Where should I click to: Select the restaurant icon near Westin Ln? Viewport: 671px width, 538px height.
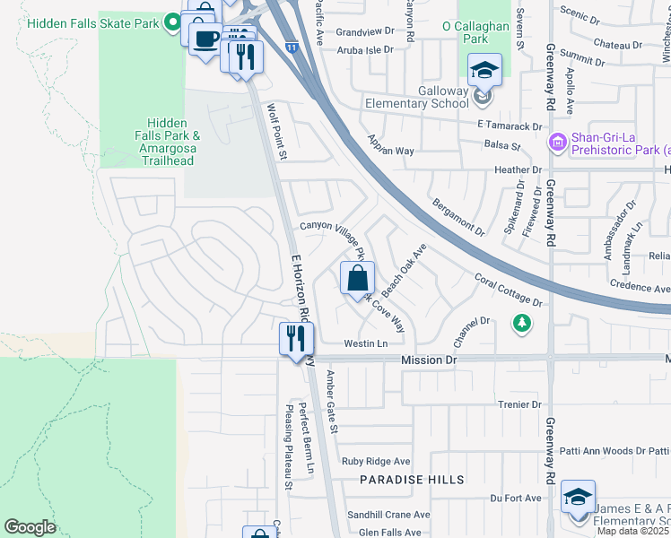(x=296, y=339)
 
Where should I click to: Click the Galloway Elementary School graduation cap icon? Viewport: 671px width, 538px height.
(x=484, y=69)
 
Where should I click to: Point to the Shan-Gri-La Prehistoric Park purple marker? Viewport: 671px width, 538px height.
(x=557, y=142)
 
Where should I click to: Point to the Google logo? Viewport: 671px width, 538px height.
(x=30, y=527)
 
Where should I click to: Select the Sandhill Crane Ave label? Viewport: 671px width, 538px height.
(x=389, y=516)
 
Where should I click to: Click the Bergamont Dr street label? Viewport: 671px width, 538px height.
(x=457, y=217)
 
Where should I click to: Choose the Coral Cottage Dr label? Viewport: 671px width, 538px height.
(x=509, y=291)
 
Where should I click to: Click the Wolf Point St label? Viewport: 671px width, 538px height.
(x=275, y=131)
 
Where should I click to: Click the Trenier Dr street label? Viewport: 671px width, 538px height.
(x=520, y=404)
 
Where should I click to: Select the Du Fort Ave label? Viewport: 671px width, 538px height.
(x=516, y=498)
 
